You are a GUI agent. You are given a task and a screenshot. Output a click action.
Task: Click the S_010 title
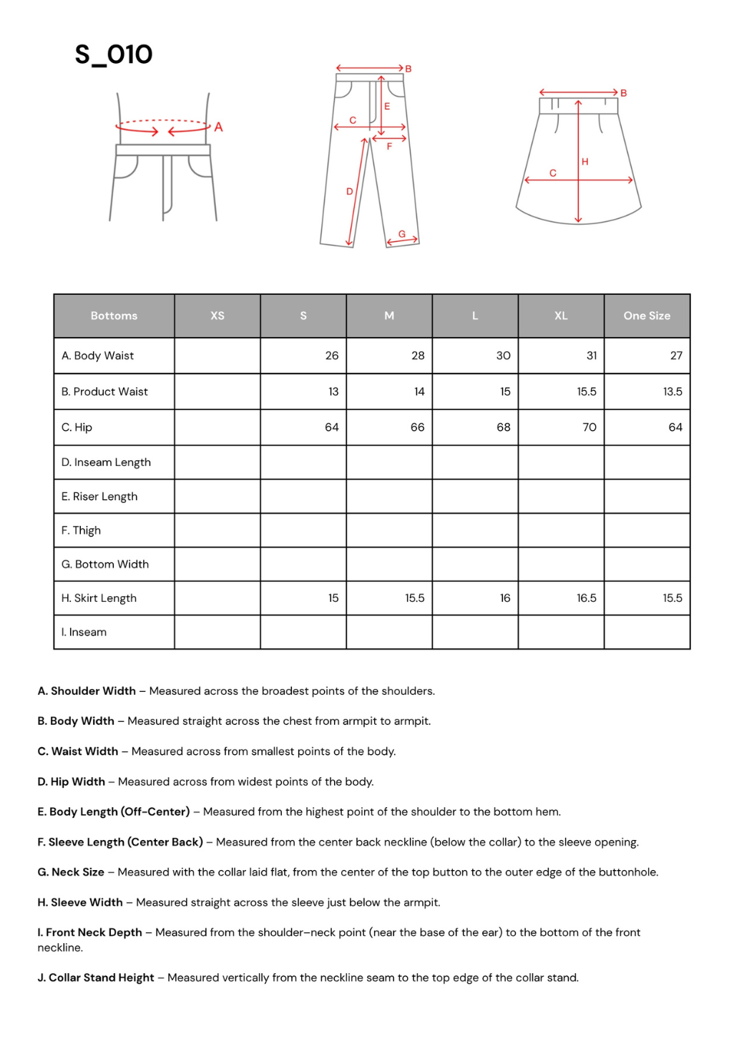[x=114, y=55]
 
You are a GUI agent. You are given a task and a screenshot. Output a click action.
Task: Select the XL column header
[x=561, y=316]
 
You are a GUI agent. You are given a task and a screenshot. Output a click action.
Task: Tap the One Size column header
[x=647, y=316]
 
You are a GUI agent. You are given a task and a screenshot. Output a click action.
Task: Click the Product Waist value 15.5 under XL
[x=587, y=391]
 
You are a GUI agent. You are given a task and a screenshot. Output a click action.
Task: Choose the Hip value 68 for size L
[x=504, y=427]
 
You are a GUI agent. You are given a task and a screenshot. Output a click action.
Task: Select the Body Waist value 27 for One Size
[x=676, y=356]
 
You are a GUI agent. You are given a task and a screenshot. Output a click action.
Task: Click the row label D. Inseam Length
[x=106, y=462]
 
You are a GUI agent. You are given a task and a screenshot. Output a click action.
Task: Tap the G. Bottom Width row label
[x=105, y=565]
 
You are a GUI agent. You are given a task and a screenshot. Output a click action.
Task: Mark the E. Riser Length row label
[x=99, y=497]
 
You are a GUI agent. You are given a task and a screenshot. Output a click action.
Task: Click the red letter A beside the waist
[x=219, y=127]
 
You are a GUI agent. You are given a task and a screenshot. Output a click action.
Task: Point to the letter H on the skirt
[x=585, y=162]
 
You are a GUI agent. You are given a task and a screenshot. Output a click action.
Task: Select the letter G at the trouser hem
[x=402, y=234]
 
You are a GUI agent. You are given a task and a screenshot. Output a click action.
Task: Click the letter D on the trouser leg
[x=350, y=191]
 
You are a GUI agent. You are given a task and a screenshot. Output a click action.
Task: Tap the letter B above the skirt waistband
[x=624, y=93]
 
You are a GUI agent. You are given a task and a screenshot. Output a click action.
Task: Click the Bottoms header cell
[x=114, y=316]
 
